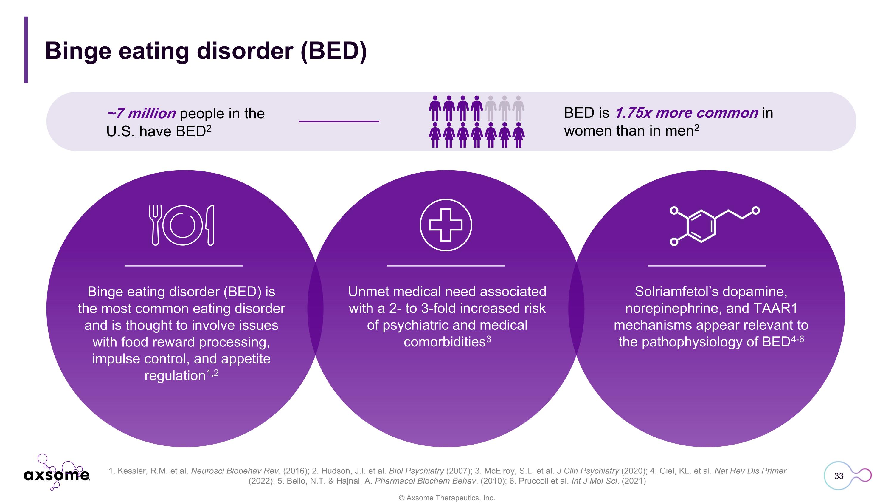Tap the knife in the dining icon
coord(210,225)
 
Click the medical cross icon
coord(446,225)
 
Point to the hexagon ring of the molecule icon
coord(701,226)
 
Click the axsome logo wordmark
coord(57,475)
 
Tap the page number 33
coord(839,476)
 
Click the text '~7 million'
coord(141,114)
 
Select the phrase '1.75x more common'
coord(686,113)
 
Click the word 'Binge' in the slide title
coord(78,51)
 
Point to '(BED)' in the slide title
coord(333,51)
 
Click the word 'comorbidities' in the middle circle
coord(444,342)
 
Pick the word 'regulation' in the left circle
coord(175,376)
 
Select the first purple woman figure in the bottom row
coord(435,135)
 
